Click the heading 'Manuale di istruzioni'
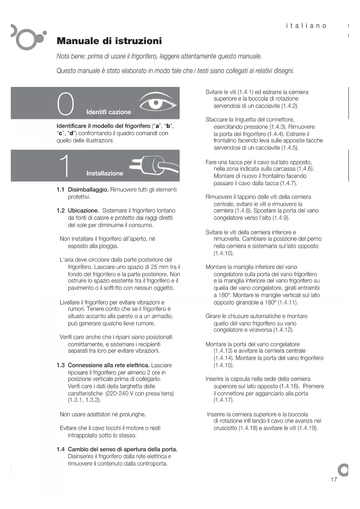click(x=109, y=41)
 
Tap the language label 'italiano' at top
click(x=306, y=26)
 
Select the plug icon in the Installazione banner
click(x=153, y=165)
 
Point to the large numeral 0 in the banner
click(x=66, y=104)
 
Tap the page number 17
click(x=334, y=479)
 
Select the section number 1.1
click(x=60, y=190)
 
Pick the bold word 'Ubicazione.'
click(x=84, y=211)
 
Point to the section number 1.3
click(x=60, y=365)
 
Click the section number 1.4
click(x=60, y=450)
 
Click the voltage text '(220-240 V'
click(x=119, y=394)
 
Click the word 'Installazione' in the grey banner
click(x=105, y=174)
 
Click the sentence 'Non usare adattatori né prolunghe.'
click(x=103, y=414)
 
